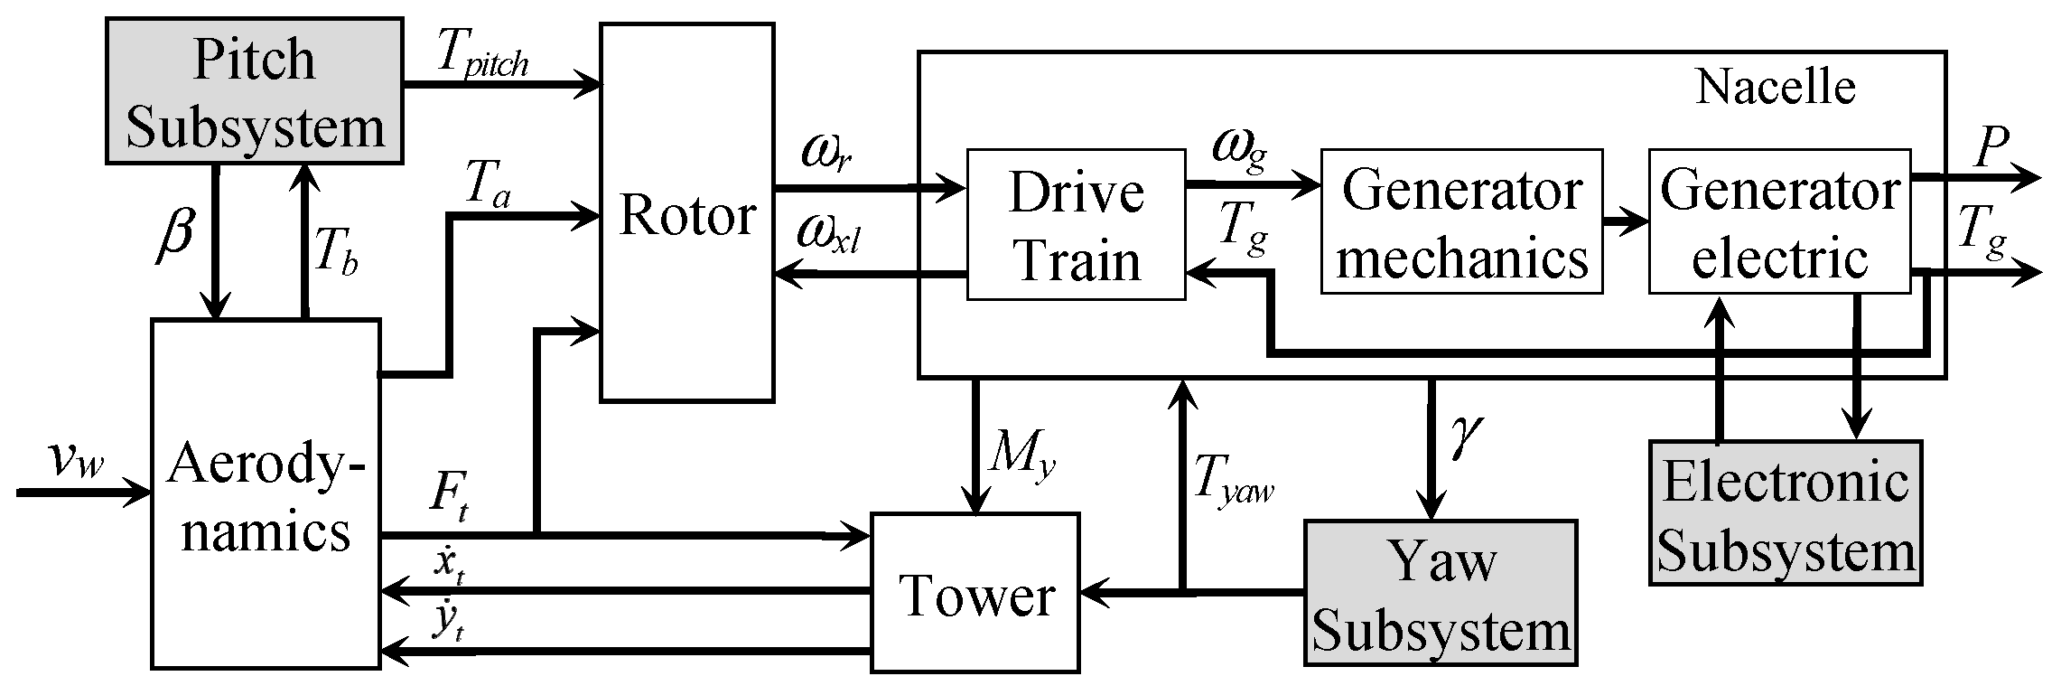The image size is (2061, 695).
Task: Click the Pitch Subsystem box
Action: [255, 90]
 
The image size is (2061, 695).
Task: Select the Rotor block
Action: [686, 213]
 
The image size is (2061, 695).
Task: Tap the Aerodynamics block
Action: [265, 494]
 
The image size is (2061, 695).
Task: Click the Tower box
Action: [975, 593]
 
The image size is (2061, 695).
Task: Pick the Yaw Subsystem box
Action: [1440, 593]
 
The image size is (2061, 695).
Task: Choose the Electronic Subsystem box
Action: [1785, 512]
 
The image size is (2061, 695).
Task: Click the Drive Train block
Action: [1076, 224]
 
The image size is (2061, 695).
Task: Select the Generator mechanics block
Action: [1461, 222]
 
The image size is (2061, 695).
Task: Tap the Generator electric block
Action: [1779, 222]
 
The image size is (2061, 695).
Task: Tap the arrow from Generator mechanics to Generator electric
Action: [1626, 221]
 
